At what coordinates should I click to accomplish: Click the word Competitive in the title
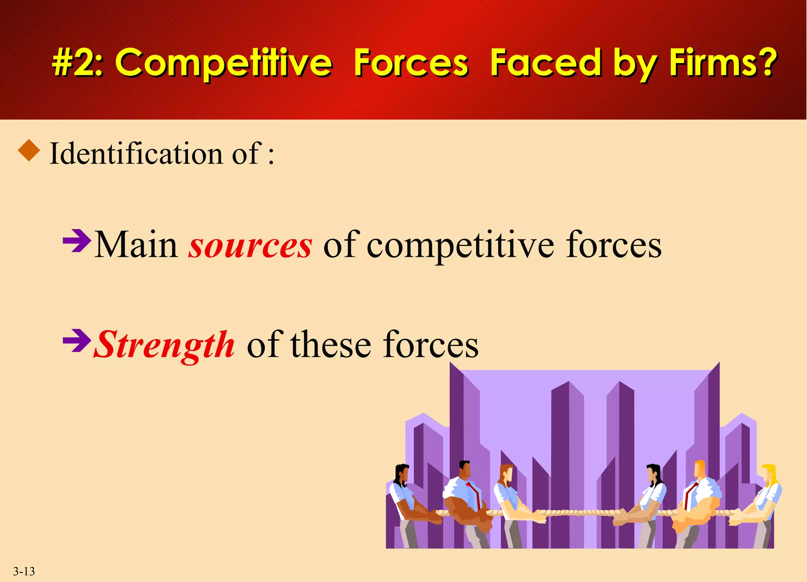[x=223, y=63]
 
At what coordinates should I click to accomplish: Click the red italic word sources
[x=250, y=246]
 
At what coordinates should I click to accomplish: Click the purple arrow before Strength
[x=77, y=340]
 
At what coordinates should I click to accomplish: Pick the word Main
[x=136, y=246]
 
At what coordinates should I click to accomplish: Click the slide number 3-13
[x=24, y=571]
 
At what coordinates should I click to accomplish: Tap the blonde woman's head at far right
[x=770, y=474]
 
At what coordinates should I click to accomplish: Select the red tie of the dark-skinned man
[x=474, y=494]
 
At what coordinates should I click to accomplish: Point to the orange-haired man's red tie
[x=689, y=494]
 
